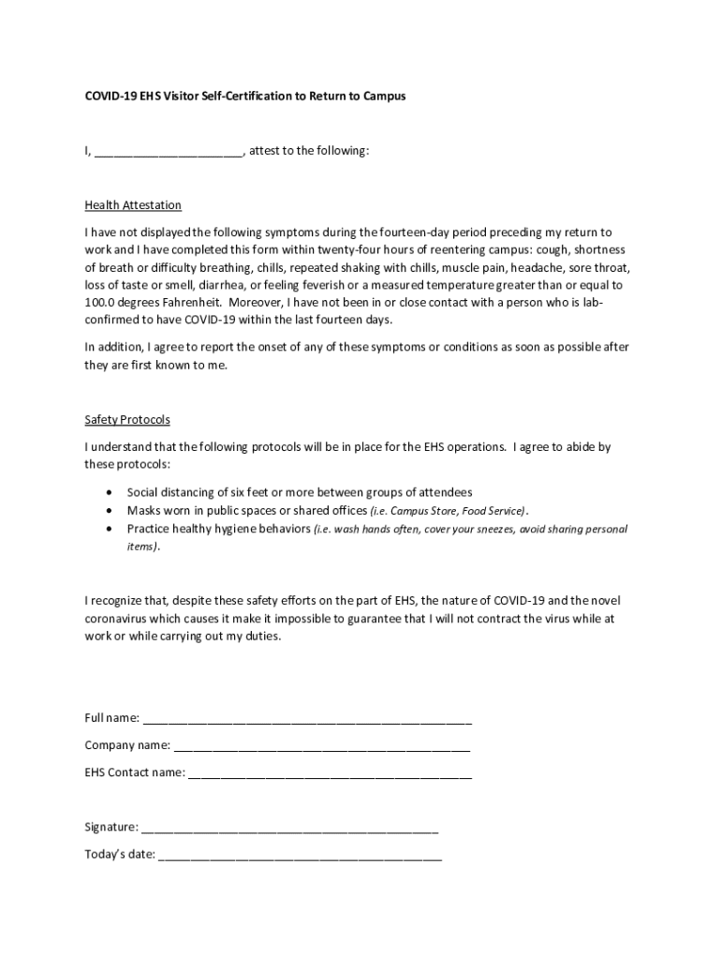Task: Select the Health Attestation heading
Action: [x=133, y=205]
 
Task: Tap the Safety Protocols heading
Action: [x=127, y=420]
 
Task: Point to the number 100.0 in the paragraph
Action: [x=99, y=303]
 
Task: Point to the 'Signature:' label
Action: [x=111, y=828]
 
